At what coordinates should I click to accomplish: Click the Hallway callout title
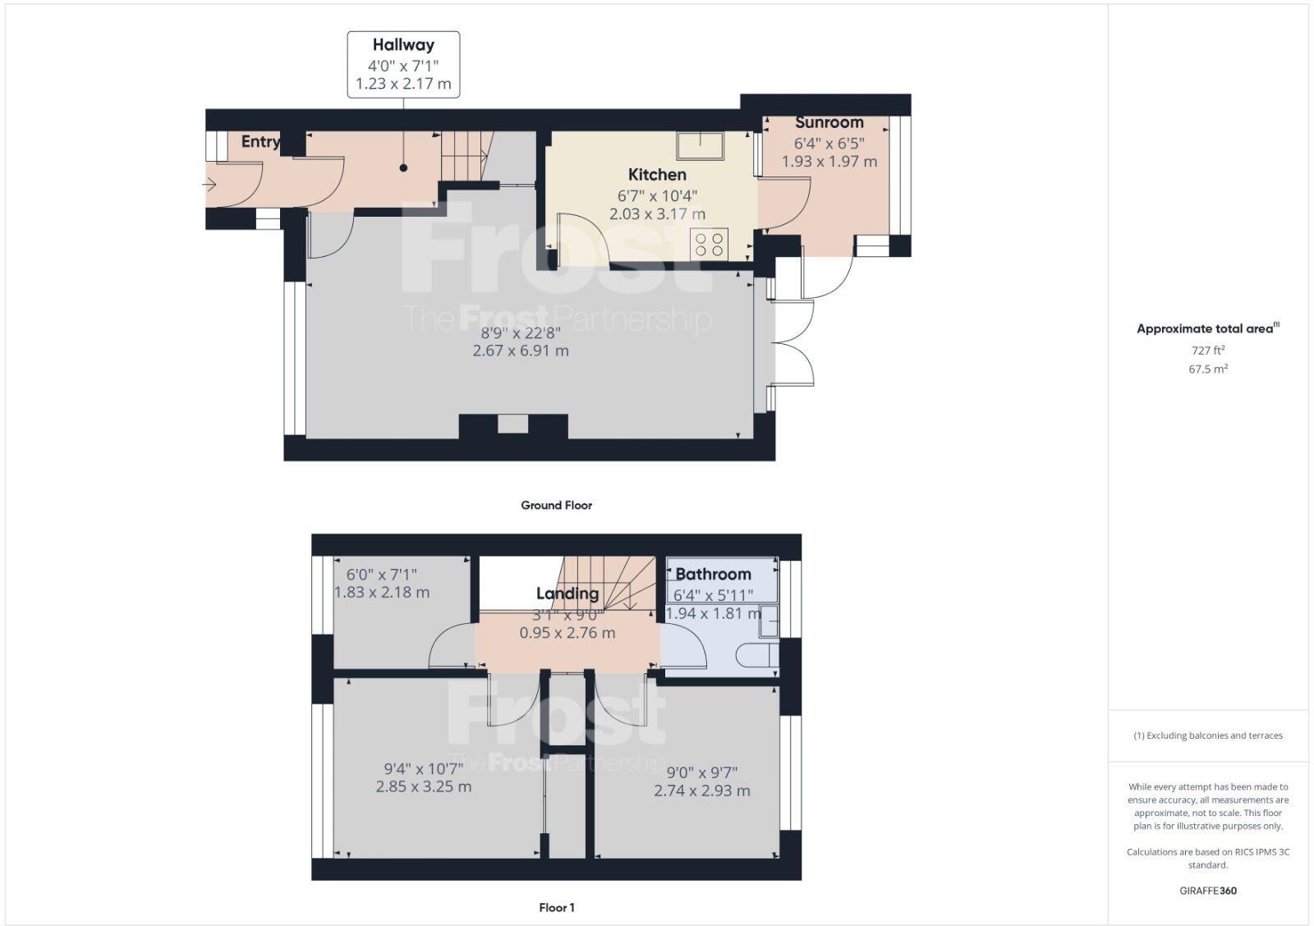click(402, 45)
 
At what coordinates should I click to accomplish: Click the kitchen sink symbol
click(700, 145)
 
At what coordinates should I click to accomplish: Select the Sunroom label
click(829, 122)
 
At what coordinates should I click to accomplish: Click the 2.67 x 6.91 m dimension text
click(520, 351)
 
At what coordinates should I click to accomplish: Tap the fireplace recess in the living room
click(513, 424)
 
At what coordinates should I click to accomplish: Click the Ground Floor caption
click(556, 505)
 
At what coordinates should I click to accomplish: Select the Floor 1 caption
click(556, 907)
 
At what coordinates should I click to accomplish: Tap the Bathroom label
click(713, 574)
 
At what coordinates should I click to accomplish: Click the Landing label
click(567, 594)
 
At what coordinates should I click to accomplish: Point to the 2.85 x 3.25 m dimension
click(424, 786)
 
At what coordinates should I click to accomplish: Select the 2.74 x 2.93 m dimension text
click(701, 791)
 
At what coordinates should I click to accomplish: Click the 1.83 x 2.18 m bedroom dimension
click(381, 592)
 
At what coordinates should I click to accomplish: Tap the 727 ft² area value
click(1207, 350)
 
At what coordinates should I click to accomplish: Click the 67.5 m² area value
click(1207, 369)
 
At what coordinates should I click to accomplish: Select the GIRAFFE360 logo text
click(1207, 891)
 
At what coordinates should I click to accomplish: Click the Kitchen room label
click(657, 174)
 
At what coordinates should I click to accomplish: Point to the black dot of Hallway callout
click(403, 168)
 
